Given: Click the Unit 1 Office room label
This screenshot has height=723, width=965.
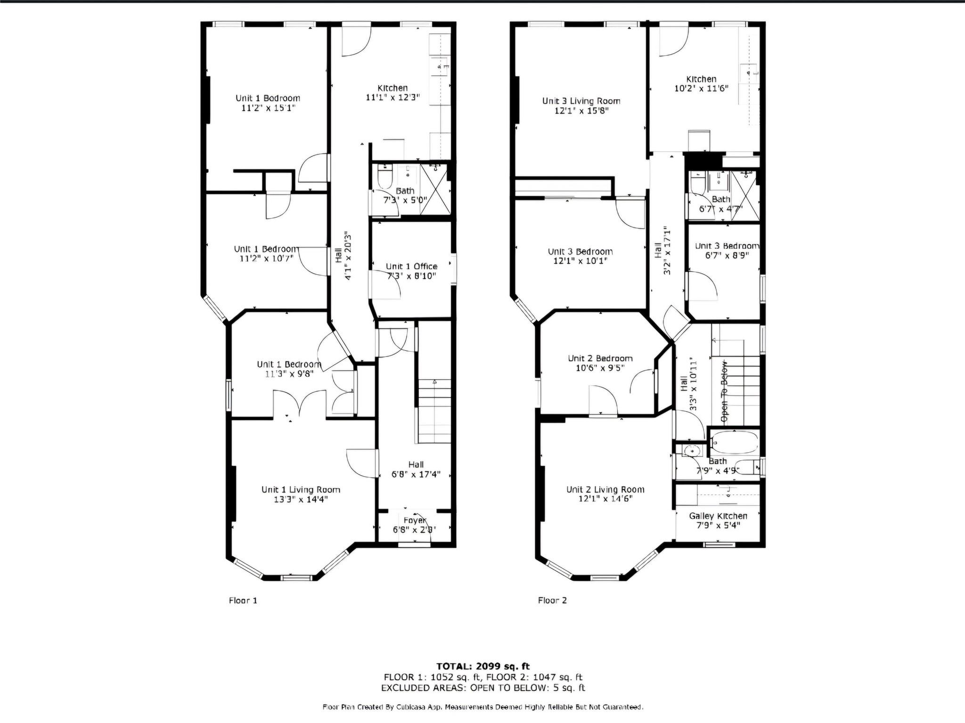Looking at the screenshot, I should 411,267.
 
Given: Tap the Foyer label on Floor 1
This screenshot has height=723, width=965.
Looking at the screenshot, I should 415,520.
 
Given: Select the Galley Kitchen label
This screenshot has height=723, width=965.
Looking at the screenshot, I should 718,516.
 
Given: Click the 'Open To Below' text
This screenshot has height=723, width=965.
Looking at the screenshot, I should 724,391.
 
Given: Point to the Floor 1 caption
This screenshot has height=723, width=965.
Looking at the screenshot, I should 243,600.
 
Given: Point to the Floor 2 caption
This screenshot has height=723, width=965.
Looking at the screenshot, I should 552,600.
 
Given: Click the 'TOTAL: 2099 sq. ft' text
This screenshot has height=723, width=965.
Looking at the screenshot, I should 482,666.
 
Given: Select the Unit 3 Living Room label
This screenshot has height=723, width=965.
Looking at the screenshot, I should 581,101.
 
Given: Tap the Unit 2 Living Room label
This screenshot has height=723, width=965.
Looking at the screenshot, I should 605,489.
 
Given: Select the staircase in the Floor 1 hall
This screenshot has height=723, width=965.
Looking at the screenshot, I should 434,410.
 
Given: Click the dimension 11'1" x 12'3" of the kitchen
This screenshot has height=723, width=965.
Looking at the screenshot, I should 393,97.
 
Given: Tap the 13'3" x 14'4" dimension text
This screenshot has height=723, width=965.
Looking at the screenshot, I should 301,499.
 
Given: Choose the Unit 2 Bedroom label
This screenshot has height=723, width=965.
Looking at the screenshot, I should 600,358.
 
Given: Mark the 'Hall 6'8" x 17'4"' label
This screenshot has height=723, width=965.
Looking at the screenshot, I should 416,470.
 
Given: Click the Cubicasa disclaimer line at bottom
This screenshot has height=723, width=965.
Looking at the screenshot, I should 482,707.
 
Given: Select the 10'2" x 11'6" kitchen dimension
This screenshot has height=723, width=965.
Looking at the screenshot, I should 701,88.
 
